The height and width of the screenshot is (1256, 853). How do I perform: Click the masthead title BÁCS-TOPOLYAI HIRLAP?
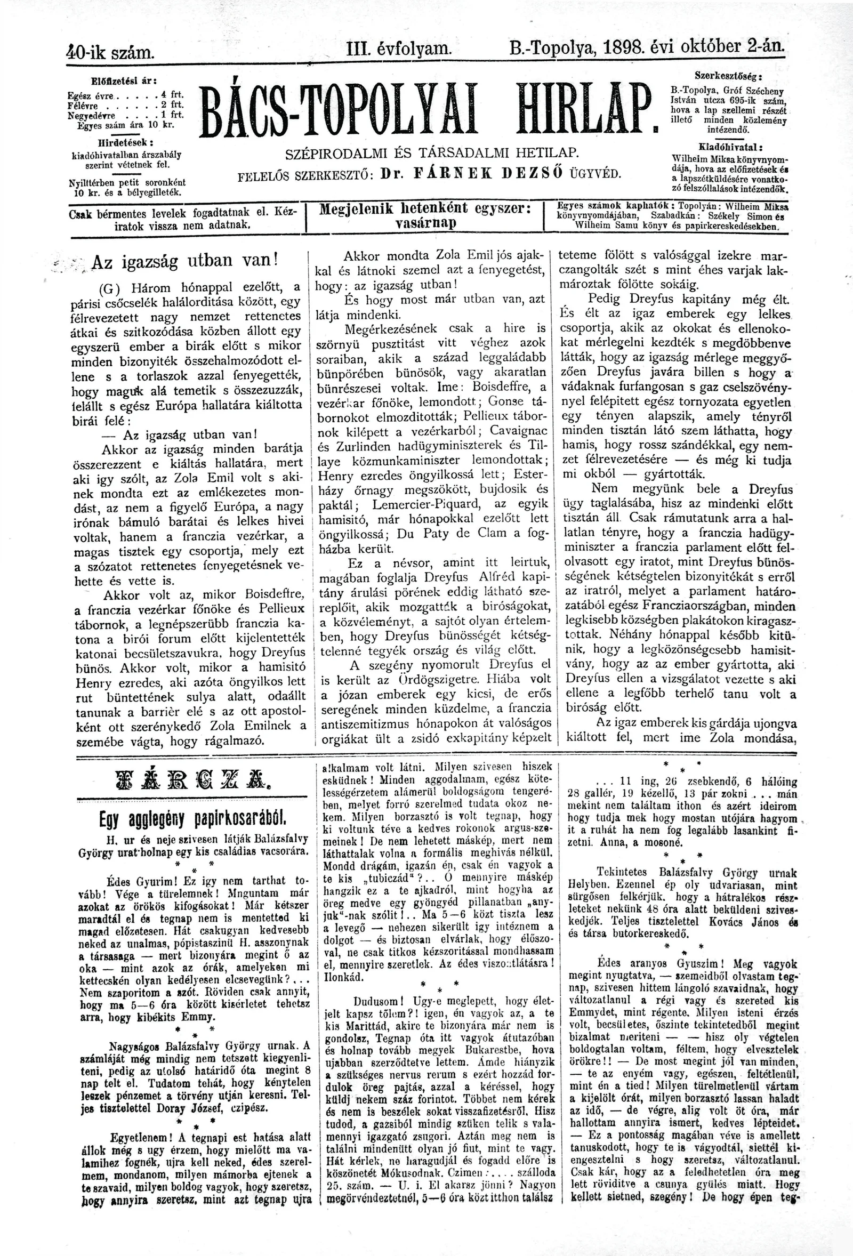click(424, 108)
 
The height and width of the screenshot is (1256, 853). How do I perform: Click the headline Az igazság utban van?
click(184, 261)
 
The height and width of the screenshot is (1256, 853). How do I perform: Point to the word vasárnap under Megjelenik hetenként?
click(426, 223)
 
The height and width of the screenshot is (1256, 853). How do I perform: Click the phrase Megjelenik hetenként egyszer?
click(424, 208)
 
